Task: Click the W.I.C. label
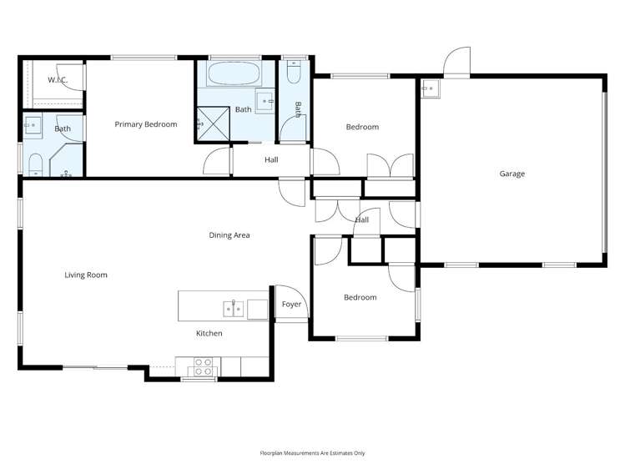58,80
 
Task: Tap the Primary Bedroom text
145,124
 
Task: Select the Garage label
512,174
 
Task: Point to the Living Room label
86,275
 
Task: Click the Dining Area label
229,234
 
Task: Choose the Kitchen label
209,333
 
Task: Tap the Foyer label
291,304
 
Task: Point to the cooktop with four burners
204,366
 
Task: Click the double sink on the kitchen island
233,310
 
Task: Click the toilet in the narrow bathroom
291,74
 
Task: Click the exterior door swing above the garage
457,63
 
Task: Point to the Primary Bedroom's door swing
217,162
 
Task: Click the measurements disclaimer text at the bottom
312,453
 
